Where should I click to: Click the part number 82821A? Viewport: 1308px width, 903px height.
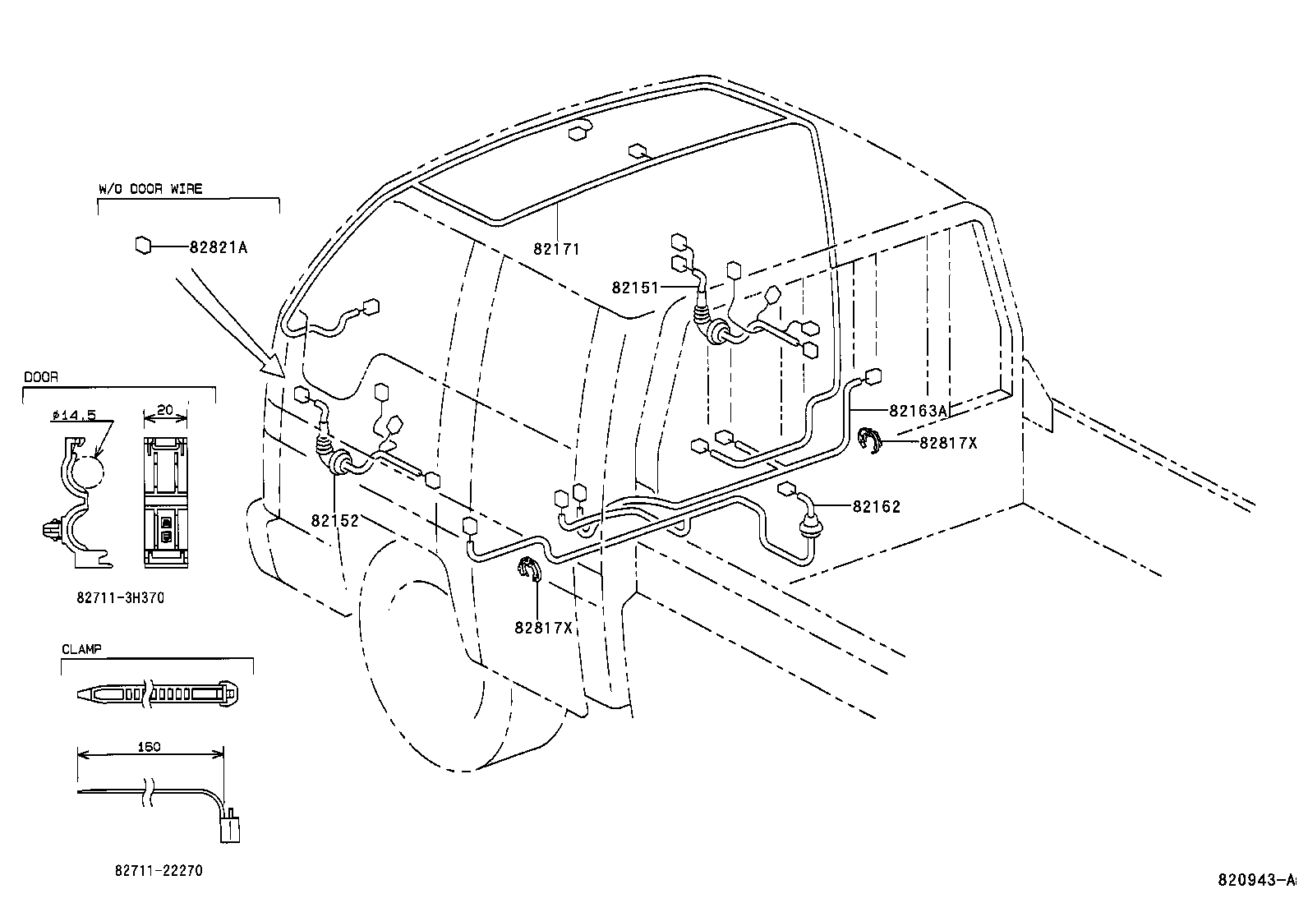point(218,246)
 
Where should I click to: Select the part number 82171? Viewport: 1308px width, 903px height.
point(556,248)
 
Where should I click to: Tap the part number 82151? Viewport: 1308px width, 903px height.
point(635,288)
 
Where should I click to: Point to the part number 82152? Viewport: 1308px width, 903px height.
point(334,521)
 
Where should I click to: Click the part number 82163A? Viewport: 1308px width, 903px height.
point(919,411)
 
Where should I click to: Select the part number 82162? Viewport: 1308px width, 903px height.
point(876,507)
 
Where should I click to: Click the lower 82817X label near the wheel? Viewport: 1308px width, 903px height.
point(543,628)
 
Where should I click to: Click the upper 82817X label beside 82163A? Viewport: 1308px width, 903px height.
point(948,443)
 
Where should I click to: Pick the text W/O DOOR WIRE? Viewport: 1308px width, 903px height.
point(150,189)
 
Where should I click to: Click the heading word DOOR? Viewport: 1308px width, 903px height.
point(40,377)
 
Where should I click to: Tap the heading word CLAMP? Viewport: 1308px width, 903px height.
point(81,649)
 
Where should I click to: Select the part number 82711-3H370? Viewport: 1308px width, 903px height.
point(120,598)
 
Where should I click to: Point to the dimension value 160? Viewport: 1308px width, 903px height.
point(150,747)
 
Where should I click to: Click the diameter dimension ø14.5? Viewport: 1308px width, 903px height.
point(73,415)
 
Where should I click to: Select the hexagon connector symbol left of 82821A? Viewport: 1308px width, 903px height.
point(143,245)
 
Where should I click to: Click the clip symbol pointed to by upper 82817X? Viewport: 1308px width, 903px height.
point(868,440)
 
